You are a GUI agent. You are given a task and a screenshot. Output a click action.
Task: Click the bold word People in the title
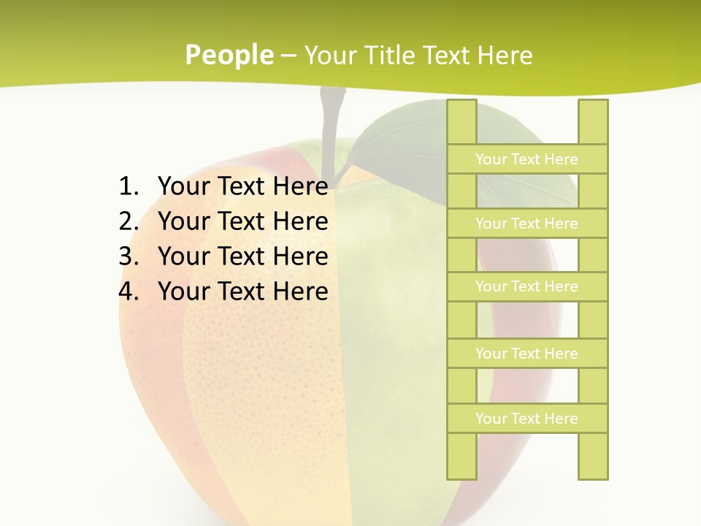229,55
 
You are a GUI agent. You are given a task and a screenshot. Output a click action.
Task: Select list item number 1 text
242,186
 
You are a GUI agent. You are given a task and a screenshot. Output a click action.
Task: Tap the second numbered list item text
242,221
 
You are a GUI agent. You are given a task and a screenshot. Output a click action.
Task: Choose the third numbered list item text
242,256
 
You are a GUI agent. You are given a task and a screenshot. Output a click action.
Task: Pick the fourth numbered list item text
242,291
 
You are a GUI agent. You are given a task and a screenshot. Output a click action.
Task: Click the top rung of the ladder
526,159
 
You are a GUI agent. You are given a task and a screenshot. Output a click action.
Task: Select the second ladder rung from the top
526,223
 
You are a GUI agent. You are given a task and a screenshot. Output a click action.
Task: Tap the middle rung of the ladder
526,286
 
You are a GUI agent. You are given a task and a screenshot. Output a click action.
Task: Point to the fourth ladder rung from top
526,353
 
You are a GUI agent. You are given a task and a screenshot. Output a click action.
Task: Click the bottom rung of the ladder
526,418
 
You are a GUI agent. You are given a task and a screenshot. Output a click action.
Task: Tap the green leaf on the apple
394,135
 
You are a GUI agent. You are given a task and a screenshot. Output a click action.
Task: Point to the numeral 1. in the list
129,186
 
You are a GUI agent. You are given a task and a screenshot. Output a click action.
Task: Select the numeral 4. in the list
129,291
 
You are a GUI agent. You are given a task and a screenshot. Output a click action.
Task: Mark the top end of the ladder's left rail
461,106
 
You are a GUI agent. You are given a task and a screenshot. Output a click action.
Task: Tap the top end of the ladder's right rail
593,106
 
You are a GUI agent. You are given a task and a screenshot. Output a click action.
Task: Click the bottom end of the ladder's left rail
461,473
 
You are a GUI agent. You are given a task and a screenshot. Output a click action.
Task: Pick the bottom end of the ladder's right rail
593,473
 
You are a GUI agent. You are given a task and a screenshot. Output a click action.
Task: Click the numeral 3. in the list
129,256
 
